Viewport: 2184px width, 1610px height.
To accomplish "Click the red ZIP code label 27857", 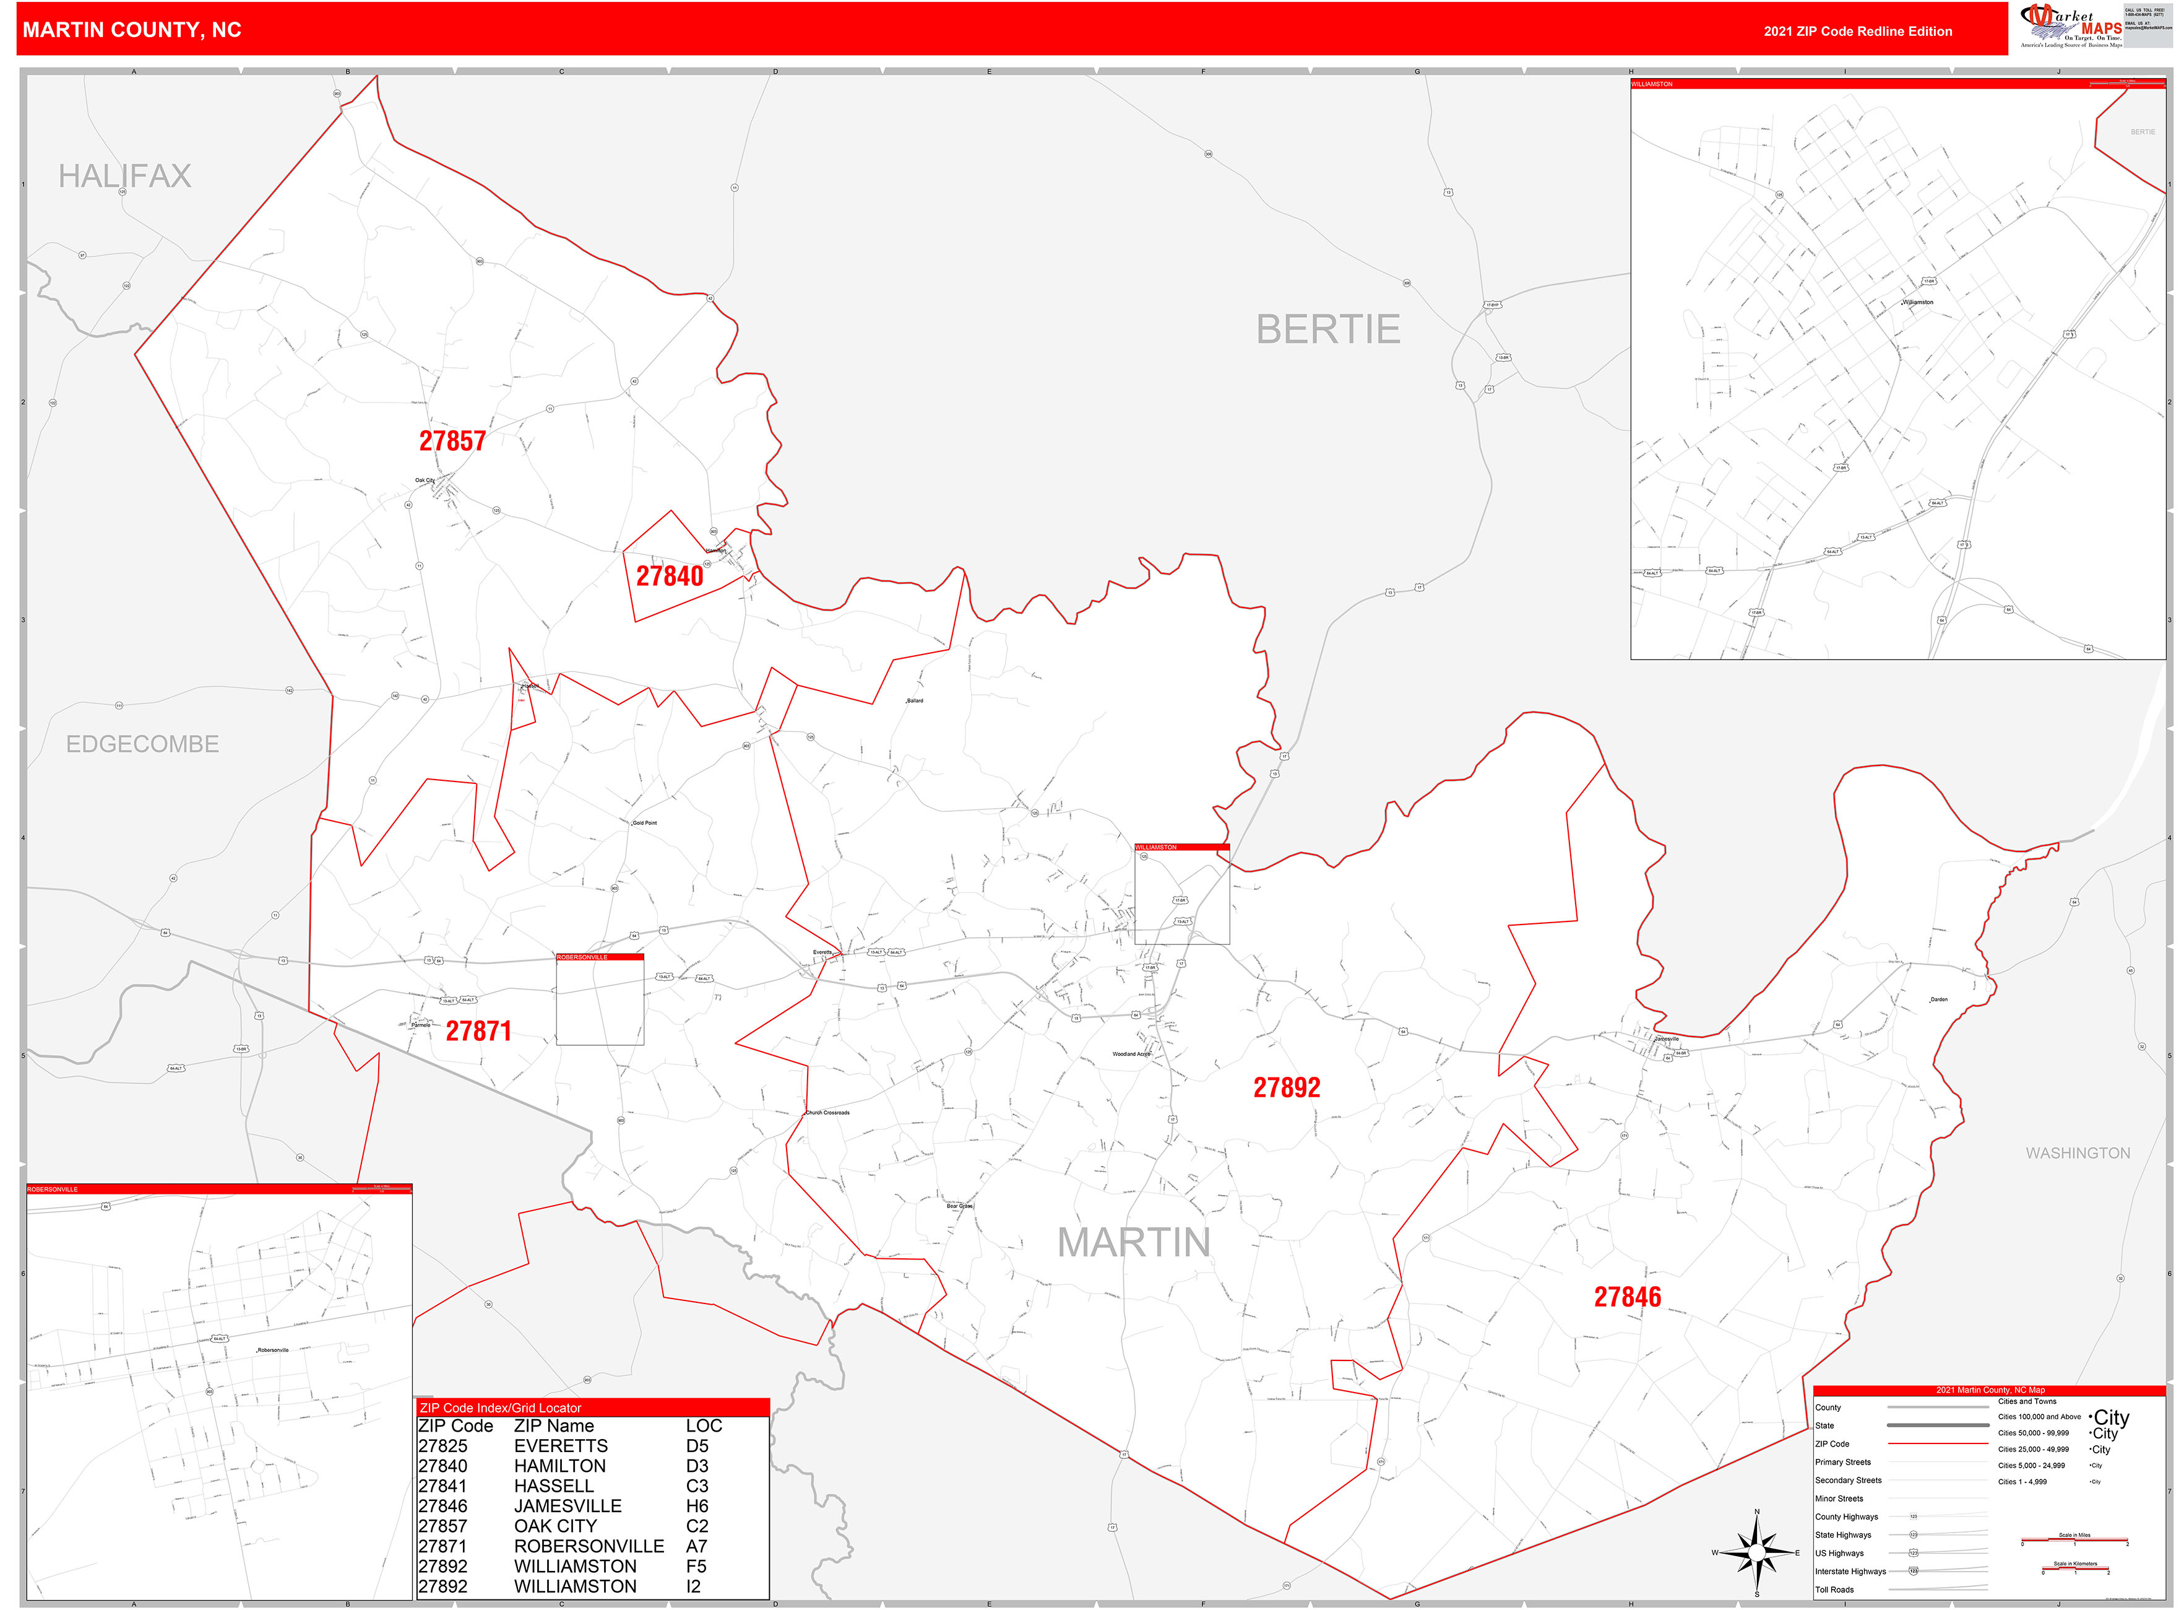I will tap(452, 442).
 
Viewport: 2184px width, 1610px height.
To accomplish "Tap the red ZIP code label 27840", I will tap(669, 576).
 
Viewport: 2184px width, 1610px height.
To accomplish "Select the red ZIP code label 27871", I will tap(478, 1031).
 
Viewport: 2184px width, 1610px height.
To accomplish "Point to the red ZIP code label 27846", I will tap(1627, 1297).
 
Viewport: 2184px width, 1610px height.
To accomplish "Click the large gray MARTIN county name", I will tap(1133, 1243).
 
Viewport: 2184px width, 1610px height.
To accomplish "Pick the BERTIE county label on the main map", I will tap(1327, 329).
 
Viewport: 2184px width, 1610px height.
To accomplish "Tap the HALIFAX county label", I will tap(124, 176).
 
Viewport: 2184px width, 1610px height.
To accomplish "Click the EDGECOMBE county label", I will tap(142, 744).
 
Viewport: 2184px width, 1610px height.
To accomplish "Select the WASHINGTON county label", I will tap(2077, 1153).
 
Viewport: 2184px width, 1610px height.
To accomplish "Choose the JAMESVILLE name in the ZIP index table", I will tap(567, 1506).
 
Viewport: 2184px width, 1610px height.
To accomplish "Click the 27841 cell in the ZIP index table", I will tap(442, 1486).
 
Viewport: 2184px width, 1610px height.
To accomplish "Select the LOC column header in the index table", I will tap(703, 1426).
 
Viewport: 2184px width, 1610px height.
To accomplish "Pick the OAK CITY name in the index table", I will tap(555, 1526).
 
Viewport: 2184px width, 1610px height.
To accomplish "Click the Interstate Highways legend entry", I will tap(1849, 1571).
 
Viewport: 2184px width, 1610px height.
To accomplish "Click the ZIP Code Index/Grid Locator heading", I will tap(499, 1408).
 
